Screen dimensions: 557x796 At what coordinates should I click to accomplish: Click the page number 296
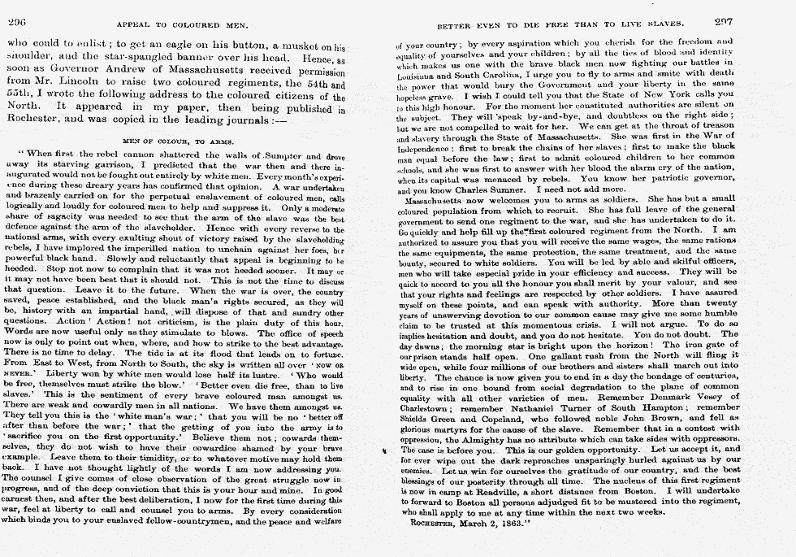coord(16,22)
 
